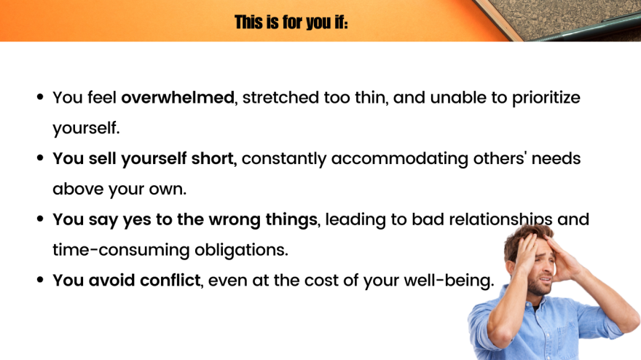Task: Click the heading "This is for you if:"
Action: (x=291, y=22)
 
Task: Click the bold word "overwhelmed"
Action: (x=178, y=98)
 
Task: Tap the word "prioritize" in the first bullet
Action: (x=546, y=98)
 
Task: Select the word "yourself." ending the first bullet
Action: (x=86, y=128)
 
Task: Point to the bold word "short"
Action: (x=212, y=158)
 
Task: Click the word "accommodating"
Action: (x=399, y=159)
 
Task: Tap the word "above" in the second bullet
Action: (x=78, y=189)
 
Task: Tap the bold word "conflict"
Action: (x=170, y=281)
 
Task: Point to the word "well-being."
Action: (x=449, y=281)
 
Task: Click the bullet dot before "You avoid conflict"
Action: (x=40, y=280)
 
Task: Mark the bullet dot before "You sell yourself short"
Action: (x=40, y=158)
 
